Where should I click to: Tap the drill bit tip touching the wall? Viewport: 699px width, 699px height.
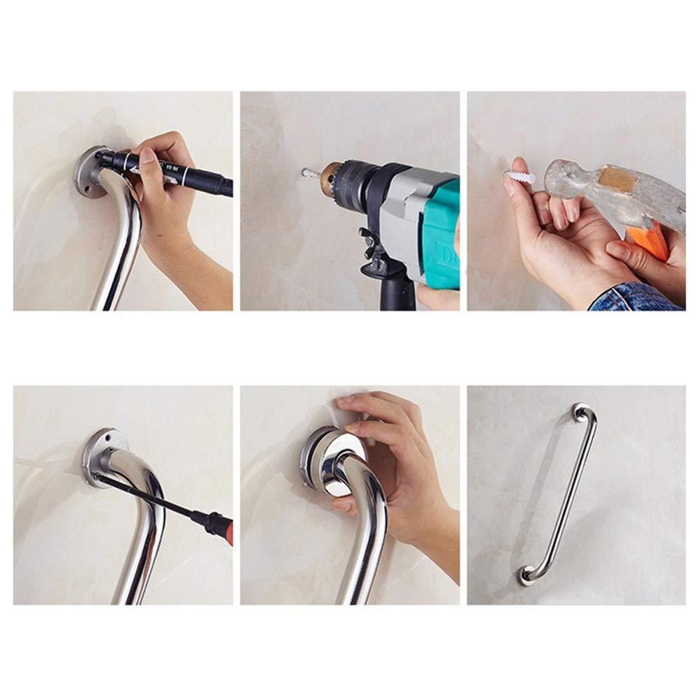coord(305,172)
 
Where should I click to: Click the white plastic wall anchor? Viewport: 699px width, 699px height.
coord(520,176)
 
